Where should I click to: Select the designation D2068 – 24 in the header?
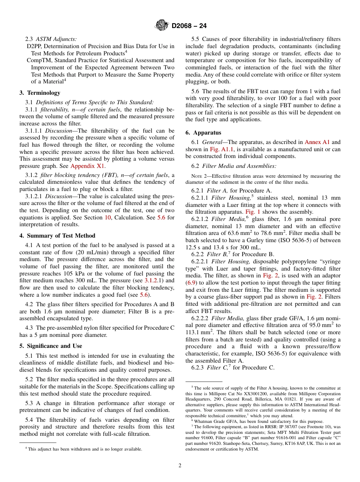189,26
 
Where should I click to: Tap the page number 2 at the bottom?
180,465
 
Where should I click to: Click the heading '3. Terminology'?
40,93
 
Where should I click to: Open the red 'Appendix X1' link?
88,166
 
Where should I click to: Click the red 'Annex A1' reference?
317,142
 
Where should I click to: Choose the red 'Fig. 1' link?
253,212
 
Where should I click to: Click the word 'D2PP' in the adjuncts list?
34,46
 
